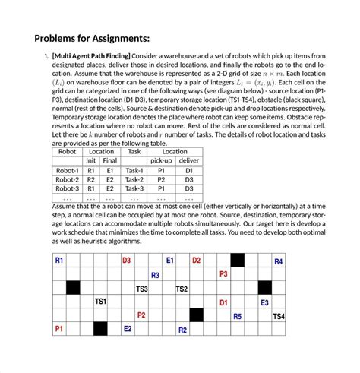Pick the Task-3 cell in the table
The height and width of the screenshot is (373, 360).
click(x=134, y=188)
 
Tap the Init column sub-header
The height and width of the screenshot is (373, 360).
click(x=91, y=161)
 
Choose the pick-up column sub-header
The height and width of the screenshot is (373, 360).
click(x=160, y=161)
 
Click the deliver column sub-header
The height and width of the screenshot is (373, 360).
click(x=189, y=161)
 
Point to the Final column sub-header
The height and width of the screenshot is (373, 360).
click(x=110, y=161)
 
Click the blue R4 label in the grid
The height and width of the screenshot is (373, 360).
click(x=279, y=261)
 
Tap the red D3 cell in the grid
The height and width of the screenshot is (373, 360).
click(x=127, y=261)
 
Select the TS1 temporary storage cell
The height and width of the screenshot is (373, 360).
click(x=99, y=302)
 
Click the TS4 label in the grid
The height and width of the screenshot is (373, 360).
click(x=279, y=316)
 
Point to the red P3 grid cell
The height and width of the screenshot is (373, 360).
click(x=223, y=274)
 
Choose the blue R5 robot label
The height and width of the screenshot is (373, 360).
click(x=237, y=316)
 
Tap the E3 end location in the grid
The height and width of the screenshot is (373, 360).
click(x=264, y=302)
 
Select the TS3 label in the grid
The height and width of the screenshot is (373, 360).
click(x=141, y=289)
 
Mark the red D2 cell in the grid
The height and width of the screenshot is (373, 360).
click(x=196, y=261)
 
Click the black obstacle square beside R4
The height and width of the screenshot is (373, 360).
click(x=237, y=261)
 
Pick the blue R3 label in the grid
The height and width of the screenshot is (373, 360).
click(x=155, y=275)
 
